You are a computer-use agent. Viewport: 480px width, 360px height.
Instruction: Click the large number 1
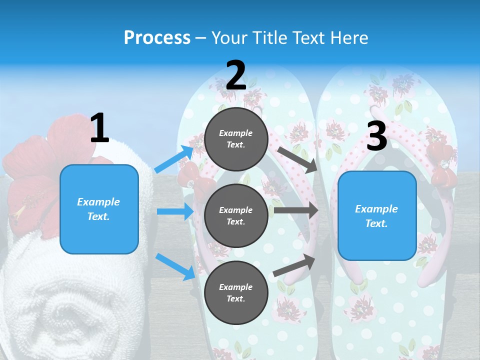[x=99, y=128]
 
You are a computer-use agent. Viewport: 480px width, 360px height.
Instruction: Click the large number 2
[x=235, y=75]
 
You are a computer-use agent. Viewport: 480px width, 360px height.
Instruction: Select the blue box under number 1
[x=99, y=209]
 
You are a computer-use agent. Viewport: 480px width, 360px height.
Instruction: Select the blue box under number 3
[x=377, y=216]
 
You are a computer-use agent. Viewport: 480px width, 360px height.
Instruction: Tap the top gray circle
[x=235, y=139]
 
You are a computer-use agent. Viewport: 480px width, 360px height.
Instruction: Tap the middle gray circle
[x=235, y=215]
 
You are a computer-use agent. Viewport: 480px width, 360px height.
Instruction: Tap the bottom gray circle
[x=235, y=292]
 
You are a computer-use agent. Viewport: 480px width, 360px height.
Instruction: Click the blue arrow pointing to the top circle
[x=174, y=159]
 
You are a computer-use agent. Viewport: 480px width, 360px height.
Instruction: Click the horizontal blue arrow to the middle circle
[x=175, y=211]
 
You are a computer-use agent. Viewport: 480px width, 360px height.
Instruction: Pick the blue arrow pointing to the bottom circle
[x=175, y=266]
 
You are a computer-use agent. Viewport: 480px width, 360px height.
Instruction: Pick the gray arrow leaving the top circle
[x=297, y=159]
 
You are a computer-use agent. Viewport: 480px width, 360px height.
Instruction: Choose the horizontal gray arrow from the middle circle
[x=296, y=210]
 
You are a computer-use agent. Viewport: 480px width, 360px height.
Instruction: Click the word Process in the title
[x=157, y=37]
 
